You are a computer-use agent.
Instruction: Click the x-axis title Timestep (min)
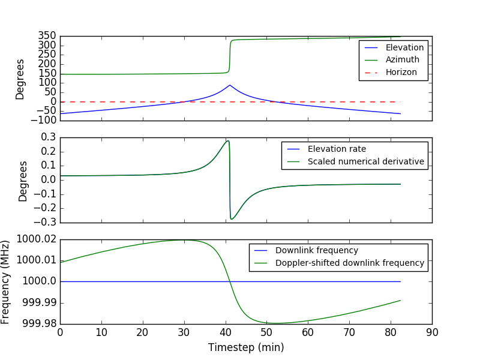click(246, 347)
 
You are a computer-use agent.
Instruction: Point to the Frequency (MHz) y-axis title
click(6, 281)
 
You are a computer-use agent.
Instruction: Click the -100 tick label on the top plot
click(44, 120)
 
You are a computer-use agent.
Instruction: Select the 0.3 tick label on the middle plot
click(47, 137)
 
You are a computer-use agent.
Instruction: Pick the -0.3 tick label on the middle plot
click(45, 222)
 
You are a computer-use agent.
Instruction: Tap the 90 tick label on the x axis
click(431, 331)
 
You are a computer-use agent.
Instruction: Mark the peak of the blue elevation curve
click(229, 85)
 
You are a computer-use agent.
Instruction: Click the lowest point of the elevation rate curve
click(231, 219)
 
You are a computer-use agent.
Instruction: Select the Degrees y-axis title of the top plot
click(20, 79)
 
